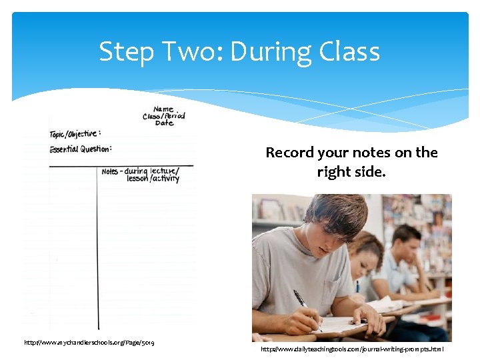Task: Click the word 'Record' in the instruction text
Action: coord(289,153)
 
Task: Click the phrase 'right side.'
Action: coord(351,172)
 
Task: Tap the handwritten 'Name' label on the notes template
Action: coord(163,109)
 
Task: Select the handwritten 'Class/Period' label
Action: coord(163,116)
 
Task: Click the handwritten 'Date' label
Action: coord(164,123)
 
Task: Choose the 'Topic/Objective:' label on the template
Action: coord(75,134)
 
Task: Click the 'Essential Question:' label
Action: coord(80,149)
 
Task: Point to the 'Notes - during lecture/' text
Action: coord(140,171)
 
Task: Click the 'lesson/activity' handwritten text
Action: coord(153,179)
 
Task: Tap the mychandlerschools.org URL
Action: coord(89,343)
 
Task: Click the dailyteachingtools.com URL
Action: coord(352,349)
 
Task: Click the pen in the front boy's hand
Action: coord(301,301)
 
